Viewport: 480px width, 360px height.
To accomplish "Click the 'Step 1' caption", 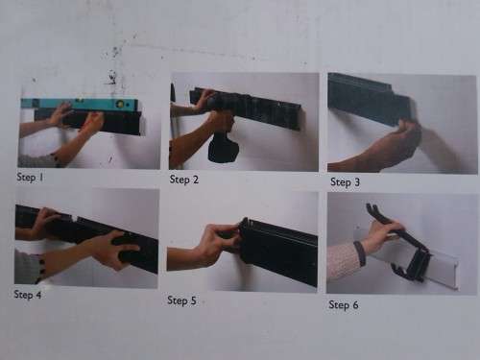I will pyautogui.click(x=31, y=178).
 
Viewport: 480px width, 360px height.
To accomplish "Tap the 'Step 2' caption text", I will pyautogui.click(x=185, y=179).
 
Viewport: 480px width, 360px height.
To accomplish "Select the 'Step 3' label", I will pyautogui.click(x=345, y=180).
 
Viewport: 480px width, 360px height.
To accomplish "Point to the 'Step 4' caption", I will pyautogui.click(x=30, y=295).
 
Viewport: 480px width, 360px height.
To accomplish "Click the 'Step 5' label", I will pyautogui.click(x=182, y=300).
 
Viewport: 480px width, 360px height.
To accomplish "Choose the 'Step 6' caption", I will pyautogui.click(x=345, y=304).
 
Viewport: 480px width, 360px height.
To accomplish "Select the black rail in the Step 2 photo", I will pyautogui.click(x=254, y=108).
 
